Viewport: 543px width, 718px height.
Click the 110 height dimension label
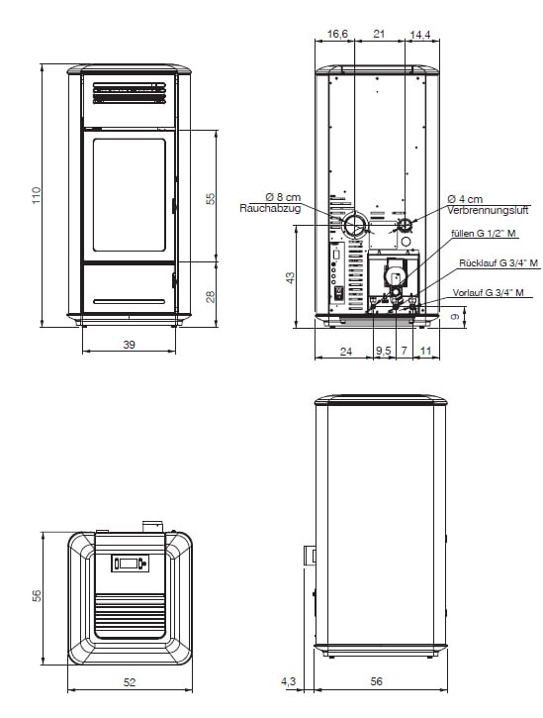36,196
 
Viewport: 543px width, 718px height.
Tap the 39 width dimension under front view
130,344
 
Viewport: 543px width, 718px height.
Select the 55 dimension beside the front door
210,198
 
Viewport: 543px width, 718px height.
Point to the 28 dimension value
210,296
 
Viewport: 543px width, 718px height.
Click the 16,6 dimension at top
337,35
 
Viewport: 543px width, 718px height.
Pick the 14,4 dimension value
420,35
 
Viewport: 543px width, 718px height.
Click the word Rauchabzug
270,209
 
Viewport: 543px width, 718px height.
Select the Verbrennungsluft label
488,210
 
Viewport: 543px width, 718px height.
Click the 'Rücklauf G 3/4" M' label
498,263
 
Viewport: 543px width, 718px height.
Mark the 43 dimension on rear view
290,278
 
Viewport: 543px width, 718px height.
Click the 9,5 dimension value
383,351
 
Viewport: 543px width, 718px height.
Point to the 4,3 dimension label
289,681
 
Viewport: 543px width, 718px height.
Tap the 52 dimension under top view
130,681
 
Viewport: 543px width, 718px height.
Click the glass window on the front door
129,194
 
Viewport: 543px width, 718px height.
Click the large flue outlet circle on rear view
353,227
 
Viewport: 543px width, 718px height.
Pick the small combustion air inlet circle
406,226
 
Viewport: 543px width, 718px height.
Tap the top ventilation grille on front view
129,93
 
